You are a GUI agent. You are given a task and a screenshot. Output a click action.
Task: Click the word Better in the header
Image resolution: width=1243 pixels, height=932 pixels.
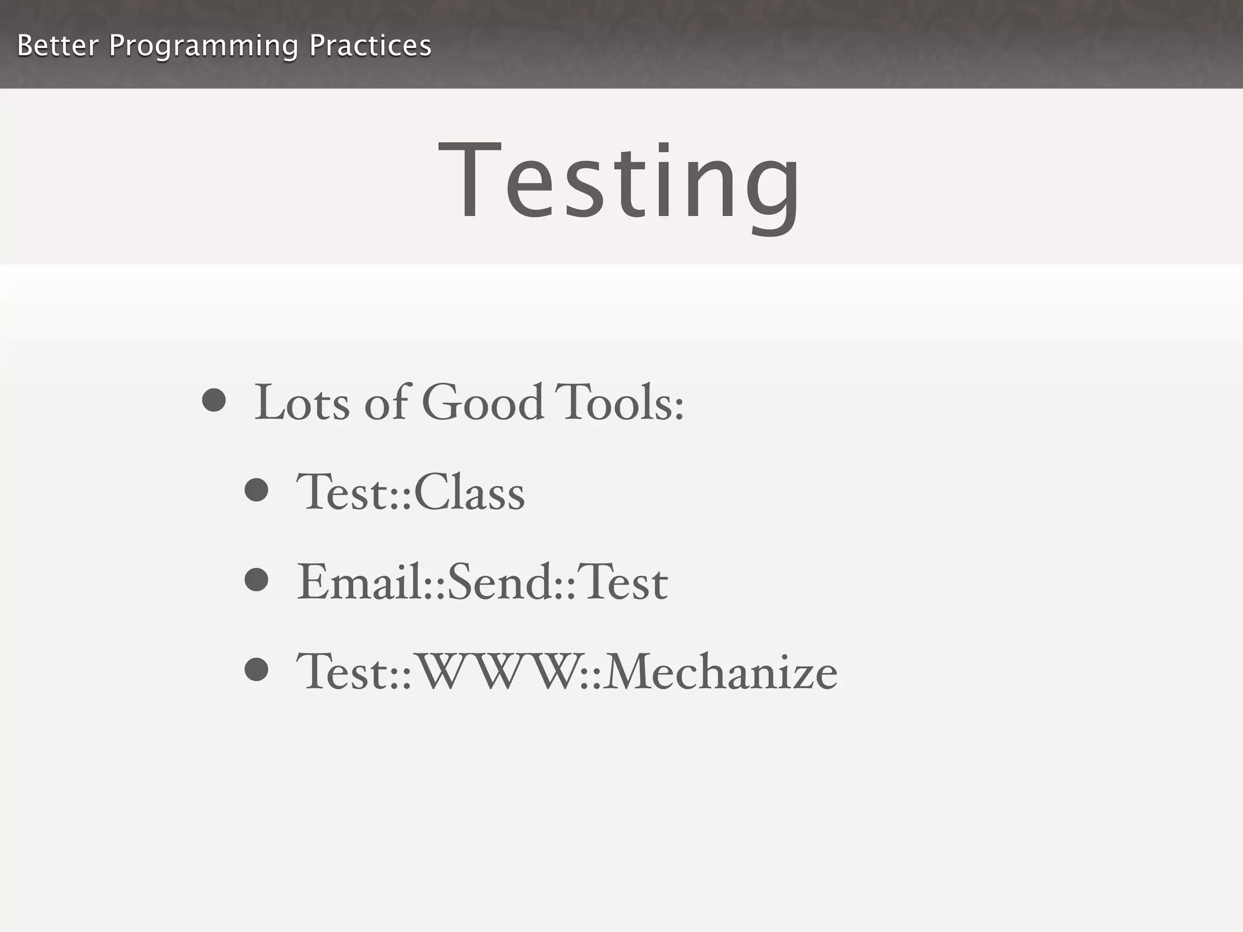(57, 46)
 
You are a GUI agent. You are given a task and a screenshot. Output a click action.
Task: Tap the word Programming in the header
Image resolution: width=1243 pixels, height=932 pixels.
(203, 46)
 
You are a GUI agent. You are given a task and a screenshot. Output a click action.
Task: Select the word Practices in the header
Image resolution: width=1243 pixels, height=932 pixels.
(370, 46)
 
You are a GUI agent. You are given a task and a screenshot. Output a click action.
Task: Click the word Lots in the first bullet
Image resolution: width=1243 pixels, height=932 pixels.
(302, 402)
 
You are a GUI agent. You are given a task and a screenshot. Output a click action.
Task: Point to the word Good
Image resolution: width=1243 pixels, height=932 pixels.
(483, 402)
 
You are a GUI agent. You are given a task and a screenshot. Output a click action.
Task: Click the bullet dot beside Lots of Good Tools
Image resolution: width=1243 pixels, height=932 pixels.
(214, 400)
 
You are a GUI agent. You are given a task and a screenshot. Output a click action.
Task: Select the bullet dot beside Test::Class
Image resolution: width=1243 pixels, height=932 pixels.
(256, 490)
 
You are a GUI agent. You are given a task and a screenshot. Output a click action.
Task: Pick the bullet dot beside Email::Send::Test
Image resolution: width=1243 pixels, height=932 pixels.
(256, 579)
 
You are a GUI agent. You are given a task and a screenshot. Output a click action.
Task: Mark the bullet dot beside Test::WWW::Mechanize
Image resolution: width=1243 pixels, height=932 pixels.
(256, 670)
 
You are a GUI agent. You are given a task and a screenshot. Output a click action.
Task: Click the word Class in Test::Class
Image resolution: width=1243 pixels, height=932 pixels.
(469, 492)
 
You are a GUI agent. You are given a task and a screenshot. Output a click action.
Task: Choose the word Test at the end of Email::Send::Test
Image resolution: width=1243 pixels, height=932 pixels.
(622, 581)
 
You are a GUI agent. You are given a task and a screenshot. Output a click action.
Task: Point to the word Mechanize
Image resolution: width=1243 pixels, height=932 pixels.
(720, 672)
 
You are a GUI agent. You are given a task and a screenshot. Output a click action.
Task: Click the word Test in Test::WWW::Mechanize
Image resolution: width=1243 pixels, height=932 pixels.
(342, 672)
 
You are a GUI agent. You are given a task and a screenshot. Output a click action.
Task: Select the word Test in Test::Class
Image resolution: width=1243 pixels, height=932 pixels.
(342, 492)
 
